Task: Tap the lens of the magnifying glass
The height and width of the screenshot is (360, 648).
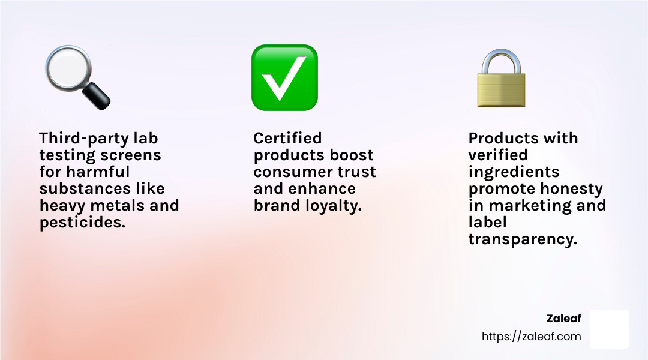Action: (x=68, y=67)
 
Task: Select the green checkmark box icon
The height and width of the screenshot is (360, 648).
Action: (x=285, y=78)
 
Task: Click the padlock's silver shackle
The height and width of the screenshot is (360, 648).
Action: (x=501, y=62)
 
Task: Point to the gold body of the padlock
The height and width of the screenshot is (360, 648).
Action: (x=501, y=90)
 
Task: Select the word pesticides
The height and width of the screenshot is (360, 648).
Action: (x=82, y=223)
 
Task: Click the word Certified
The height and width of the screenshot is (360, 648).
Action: (x=287, y=138)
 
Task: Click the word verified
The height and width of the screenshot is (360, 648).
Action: (x=498, y=155)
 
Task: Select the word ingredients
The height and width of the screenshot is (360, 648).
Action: (x=514, y=173)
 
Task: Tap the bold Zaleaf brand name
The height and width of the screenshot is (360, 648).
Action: (x=563, y=319)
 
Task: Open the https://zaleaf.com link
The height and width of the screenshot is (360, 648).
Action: (x=532, y=337)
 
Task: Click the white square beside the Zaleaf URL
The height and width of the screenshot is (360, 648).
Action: (x=609, y=329)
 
